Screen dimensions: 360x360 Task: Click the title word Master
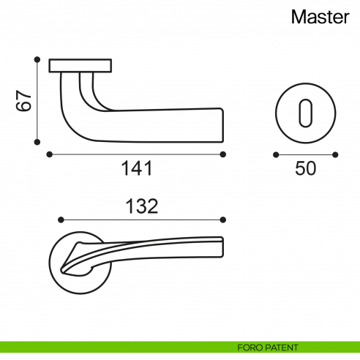(320, 18)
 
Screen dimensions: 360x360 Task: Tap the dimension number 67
(25, 101)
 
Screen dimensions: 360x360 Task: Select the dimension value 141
(136, 169)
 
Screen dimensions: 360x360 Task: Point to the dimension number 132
(142, 206)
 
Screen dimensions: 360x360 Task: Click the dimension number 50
(305, 169)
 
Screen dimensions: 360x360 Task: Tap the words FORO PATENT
(267, 347)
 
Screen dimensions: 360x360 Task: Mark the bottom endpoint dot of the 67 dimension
(37, 143)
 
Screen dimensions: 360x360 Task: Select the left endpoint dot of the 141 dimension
(49, 154)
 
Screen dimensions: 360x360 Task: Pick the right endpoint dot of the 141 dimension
(223, 154)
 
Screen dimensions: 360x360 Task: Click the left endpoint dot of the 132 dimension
(61, 219)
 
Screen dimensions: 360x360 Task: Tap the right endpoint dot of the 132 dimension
(223, 219)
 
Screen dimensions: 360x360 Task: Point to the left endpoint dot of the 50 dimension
(275, 154)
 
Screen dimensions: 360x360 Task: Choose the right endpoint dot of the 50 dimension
(335, 154)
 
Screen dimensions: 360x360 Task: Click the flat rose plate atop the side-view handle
(80, 66)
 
